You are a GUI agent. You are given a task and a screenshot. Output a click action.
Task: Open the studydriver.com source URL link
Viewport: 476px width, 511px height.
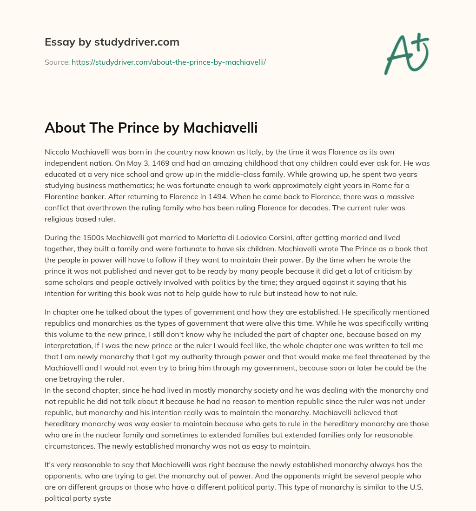pos(168,62)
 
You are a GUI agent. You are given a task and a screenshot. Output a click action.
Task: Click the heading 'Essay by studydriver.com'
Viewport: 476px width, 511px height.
pos(112,42)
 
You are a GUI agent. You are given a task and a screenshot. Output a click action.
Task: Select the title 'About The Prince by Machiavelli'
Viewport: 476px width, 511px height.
pos(151,128)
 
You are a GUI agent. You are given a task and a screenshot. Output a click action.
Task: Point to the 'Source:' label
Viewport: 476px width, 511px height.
pos(57,62)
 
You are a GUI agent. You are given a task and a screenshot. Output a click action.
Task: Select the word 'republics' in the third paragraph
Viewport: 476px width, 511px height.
pos(62,323)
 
